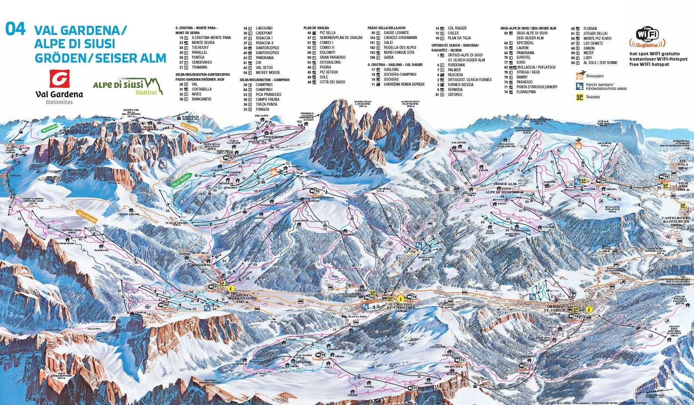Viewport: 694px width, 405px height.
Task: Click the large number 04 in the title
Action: (x=16, y=29)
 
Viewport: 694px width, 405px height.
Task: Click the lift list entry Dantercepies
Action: (x=267, y=48)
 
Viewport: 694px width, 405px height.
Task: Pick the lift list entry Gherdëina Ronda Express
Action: (x=404, y=84)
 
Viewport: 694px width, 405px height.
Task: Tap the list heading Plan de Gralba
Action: (x=316, y=28)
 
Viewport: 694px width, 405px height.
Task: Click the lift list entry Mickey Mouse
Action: (x=267, y=72)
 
